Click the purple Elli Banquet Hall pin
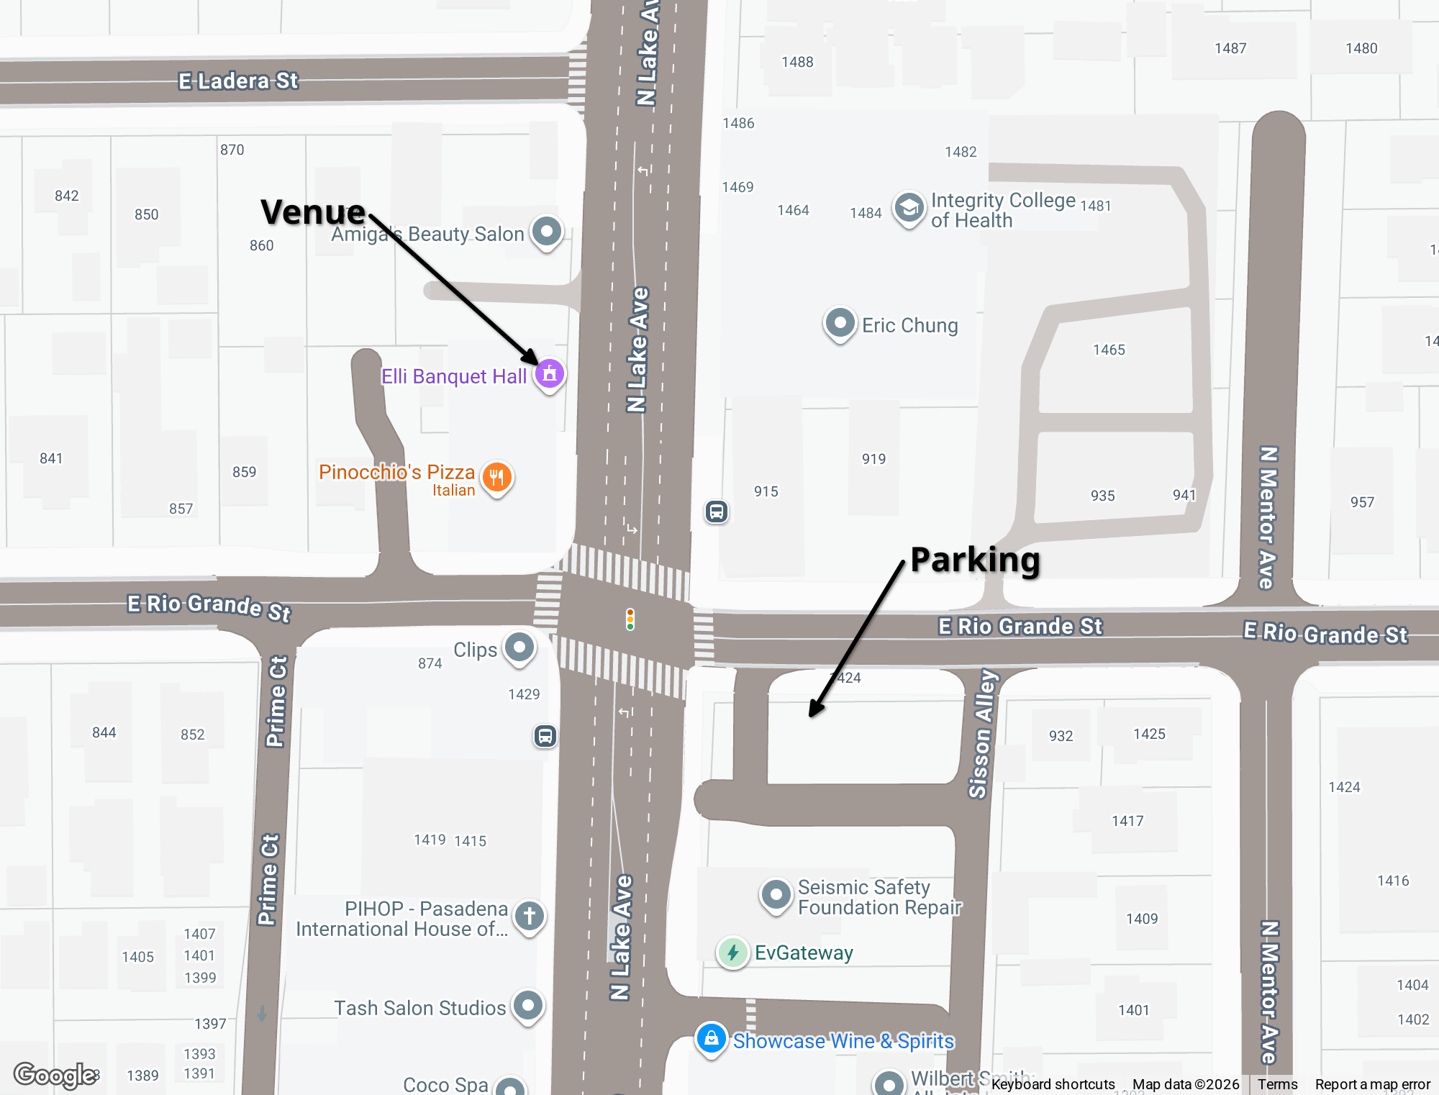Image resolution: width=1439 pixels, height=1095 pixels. click(x=550, y=373)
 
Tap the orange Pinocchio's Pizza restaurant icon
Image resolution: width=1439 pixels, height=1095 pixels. click(x=496, y=476)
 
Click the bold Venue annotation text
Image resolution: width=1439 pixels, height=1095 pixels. click(x=313, y=212)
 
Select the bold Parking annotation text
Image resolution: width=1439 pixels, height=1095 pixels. click(x=975, y=560)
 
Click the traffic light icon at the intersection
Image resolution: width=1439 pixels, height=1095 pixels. click(x=630, y=619)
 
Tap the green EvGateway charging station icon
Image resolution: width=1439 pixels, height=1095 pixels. click(x=732, y=953)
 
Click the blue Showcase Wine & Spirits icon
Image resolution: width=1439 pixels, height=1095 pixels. click(x=711, y=1039)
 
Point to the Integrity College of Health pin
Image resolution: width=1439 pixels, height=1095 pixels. click(x=909, y=208)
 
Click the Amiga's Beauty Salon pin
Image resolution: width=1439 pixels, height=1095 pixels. click(x=547, y=232)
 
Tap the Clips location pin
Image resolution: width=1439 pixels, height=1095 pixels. click(x=519, y=648)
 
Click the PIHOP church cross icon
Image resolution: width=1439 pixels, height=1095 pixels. click(x=530, y=917)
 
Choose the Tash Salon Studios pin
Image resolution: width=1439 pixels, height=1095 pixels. click(x=528, y=1005)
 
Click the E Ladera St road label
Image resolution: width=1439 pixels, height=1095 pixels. click(x=238, y=81)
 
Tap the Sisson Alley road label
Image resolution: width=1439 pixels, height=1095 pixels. click(x=982, y=734)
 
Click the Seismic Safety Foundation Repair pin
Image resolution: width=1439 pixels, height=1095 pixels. click(x=776, y=895)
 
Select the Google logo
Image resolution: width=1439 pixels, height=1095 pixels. click(x=56, y=1076)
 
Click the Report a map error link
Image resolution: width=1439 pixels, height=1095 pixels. click(x=1372, y=1084)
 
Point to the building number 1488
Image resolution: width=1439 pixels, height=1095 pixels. click(x=797, y=62)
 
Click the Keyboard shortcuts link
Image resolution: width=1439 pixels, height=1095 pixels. click(x=1053, y=1084)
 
